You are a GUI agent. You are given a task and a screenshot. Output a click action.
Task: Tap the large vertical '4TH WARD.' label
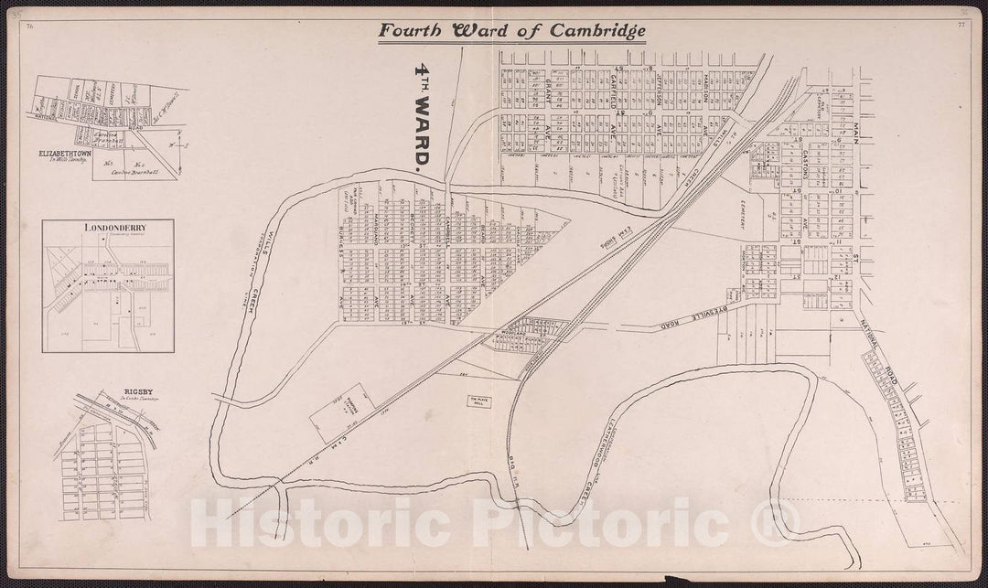pyautogui.click(x=422, y=120)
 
